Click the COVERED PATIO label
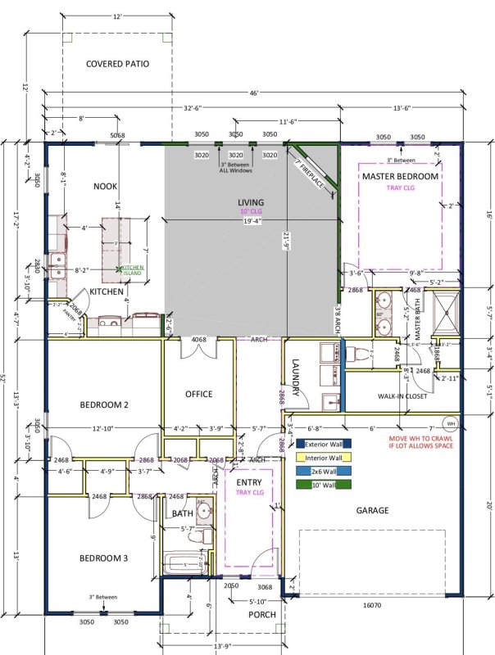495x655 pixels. (x=118, y=63)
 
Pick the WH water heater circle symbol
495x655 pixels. (x=450, y=423)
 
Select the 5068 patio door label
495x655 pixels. (x=118, y=137)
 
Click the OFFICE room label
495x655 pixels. (x=198, y=394)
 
